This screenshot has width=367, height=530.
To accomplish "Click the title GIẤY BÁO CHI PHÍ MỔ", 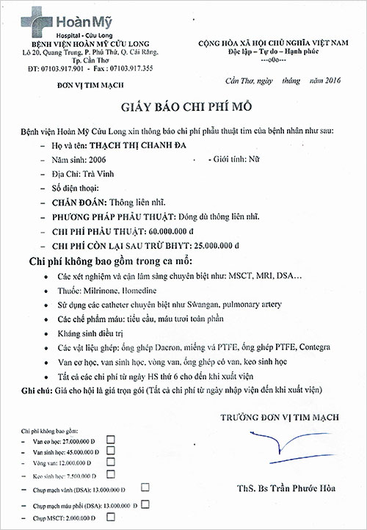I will coord(183,106).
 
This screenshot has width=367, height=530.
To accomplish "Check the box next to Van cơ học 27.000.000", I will coord(111,438).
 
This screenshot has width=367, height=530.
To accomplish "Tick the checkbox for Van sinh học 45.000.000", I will coord(111,450).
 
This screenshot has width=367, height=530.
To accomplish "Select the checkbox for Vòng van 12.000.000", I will coord(111,462).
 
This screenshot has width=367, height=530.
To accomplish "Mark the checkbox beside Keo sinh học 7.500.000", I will coord(111,473).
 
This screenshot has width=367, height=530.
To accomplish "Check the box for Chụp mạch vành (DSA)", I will coord(145,487).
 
